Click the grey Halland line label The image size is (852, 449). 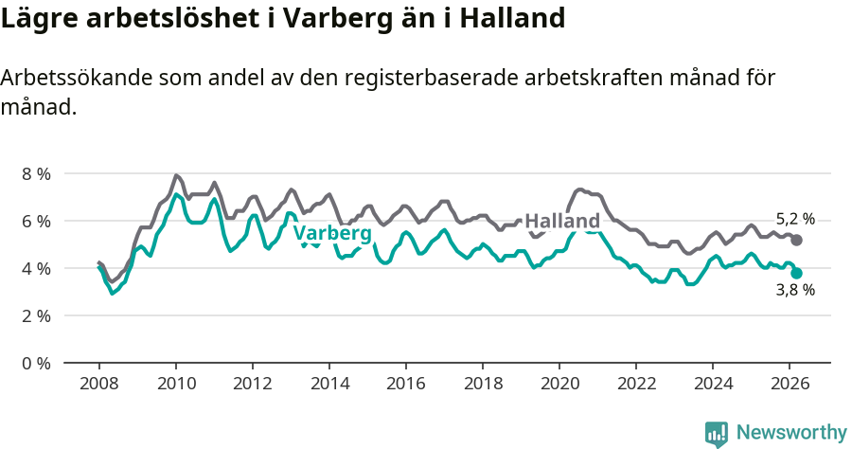561,222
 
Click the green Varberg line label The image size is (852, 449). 331,233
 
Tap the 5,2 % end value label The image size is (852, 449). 795,219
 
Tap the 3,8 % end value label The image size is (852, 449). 795,291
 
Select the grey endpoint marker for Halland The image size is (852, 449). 797,241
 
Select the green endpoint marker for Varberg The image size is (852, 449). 797,273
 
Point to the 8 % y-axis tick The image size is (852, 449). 36,173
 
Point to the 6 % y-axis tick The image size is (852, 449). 36,221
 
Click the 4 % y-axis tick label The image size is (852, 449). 36,268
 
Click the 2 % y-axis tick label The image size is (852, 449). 36,315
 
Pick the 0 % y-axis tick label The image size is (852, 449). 36,363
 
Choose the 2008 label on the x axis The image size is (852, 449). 98,384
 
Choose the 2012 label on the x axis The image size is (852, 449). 252,384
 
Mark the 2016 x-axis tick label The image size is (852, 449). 405,384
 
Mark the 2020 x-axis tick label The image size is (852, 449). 559,384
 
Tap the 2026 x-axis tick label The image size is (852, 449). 789,384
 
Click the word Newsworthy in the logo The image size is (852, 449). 791,433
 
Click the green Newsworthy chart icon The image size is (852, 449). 717,434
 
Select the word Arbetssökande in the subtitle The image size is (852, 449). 80,79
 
